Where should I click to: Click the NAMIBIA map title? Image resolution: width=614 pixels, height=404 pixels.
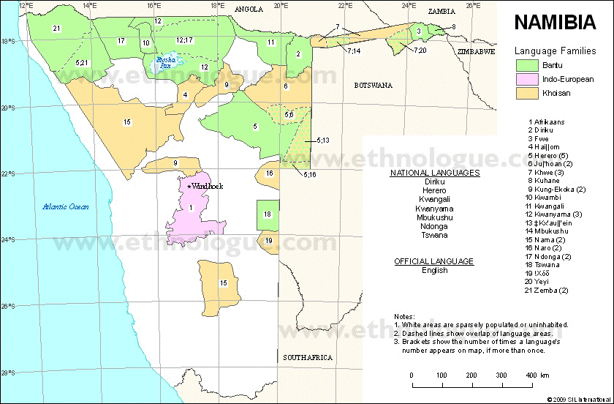(x=555, y=23)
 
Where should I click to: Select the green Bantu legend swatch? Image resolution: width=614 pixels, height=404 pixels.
(x=526, y=66)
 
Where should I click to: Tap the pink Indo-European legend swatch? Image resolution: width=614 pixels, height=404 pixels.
(x=526, y=80)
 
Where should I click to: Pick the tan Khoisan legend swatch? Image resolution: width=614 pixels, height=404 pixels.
(x=526, y=94)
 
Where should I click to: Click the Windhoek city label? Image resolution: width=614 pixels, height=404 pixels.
(x=208, y=187)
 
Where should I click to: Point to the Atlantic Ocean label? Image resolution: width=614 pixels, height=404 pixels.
(x=65, y=207)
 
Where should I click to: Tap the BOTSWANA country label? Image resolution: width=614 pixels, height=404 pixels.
(x=373, y=86)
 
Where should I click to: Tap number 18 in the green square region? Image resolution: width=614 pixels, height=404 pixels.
(x=268, y=214)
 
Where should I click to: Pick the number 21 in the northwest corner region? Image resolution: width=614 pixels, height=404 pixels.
(x=56, y=29)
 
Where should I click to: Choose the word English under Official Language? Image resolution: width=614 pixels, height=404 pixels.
(x=434, y=271)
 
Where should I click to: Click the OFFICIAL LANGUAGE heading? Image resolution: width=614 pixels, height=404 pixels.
(x=434, y=261)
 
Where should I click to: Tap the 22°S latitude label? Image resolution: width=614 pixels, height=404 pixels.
(x=8, y=174)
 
